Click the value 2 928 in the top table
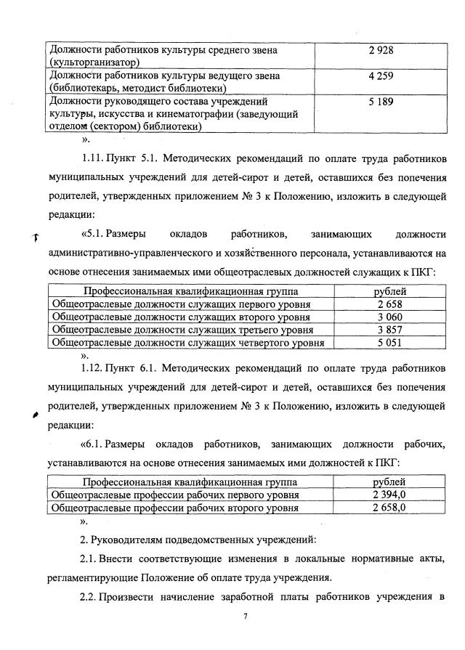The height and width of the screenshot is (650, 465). click(380, 50)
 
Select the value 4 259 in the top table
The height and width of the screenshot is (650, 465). click(380, 74)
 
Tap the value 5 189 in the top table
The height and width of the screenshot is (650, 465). click(380, 102)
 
